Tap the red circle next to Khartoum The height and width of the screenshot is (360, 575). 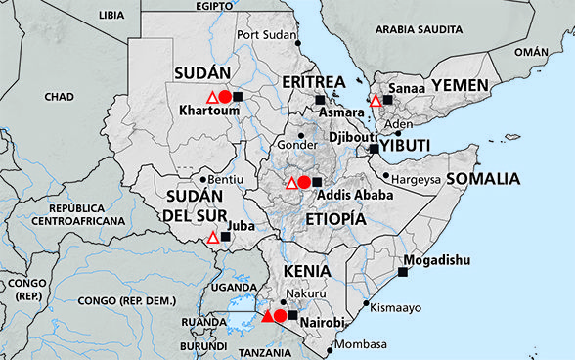coord(225,97)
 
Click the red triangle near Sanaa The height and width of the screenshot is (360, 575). coord(376,100)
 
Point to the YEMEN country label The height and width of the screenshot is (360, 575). coord(460,87)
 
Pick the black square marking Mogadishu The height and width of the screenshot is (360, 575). coord(401,272)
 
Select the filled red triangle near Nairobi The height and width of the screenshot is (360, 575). coord(268,315)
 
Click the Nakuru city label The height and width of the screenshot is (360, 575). coord(307,292)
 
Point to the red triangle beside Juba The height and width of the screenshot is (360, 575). coord(212,237)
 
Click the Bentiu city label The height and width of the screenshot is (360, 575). coord(226,180)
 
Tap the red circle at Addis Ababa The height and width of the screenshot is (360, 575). coord(304,182)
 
